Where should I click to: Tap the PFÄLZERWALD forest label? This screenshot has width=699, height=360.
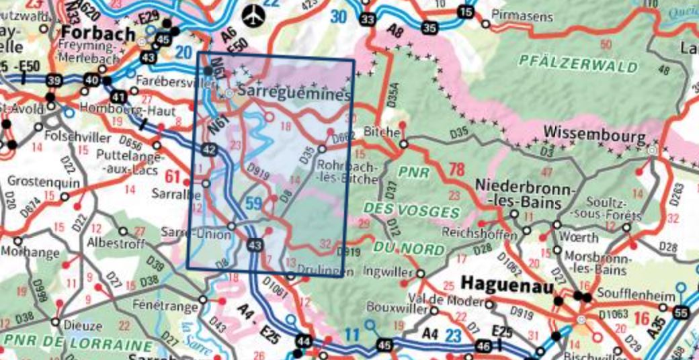[x=578, y=65]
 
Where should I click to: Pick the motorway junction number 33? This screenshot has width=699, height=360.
[x=366, y=20]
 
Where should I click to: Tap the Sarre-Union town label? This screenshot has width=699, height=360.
[x=196, y=233]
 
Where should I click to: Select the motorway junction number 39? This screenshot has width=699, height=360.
[x=52, y=81]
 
